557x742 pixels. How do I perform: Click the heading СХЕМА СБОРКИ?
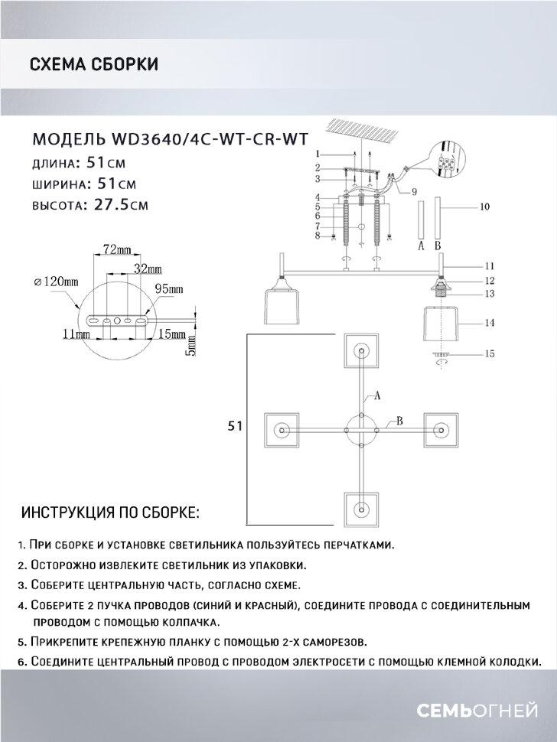tap(93, 65)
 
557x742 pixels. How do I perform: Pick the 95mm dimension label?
tap(169, 289)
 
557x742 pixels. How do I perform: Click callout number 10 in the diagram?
tap(484, 207)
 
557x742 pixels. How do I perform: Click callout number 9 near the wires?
tap(413, 191)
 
